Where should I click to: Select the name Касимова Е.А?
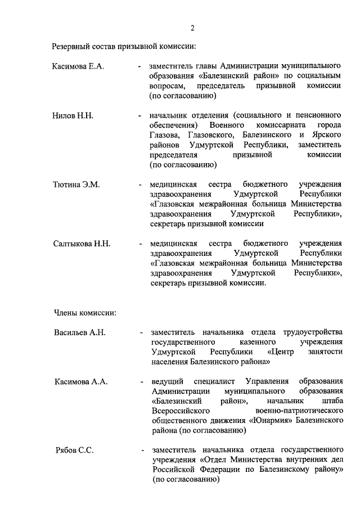[x=78, y=66]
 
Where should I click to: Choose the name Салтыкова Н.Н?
[x=82, y=244]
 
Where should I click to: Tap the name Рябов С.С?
[x=74, y=451]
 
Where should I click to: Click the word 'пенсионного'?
[x=319, y=115]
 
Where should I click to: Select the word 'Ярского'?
[x=327, y=135]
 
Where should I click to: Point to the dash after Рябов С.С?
[x=143, y=451]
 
